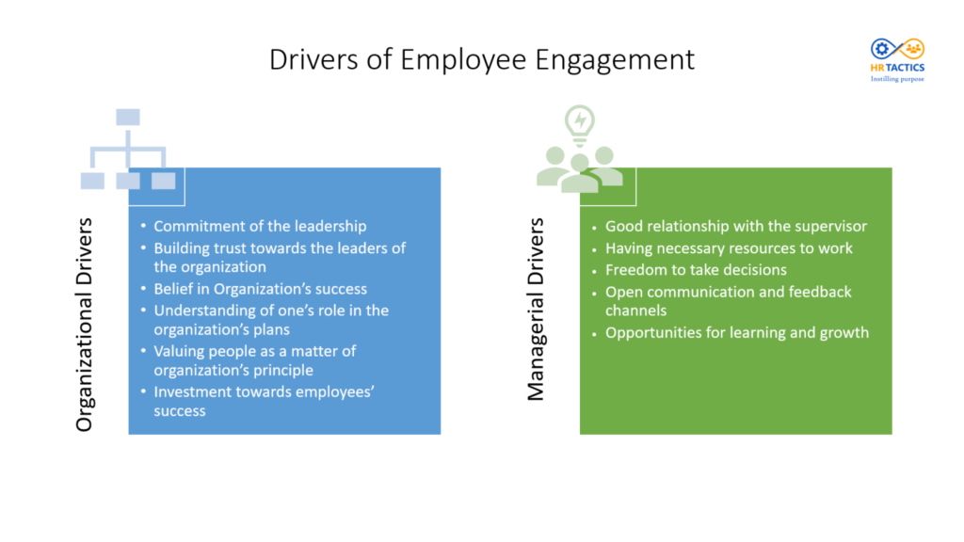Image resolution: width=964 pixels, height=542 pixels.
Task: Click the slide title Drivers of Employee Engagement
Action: pos(481,58)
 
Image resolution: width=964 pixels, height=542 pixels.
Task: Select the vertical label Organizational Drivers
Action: pos(86,325)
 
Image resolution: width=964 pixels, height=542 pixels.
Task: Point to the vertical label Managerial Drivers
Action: pos(537,310)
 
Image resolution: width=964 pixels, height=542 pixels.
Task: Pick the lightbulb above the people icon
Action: pos(579,123)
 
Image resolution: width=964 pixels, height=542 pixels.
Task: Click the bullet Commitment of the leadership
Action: pos(260,226)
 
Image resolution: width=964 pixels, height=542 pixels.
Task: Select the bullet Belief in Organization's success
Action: pos(260,289)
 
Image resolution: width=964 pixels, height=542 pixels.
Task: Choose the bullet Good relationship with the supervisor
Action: pos(735,226)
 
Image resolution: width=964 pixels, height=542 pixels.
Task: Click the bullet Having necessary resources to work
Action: pos(729,248)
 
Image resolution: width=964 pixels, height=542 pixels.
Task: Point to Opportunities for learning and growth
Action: pos(736,332)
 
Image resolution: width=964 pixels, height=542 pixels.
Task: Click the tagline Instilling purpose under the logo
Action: pos(897,79)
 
